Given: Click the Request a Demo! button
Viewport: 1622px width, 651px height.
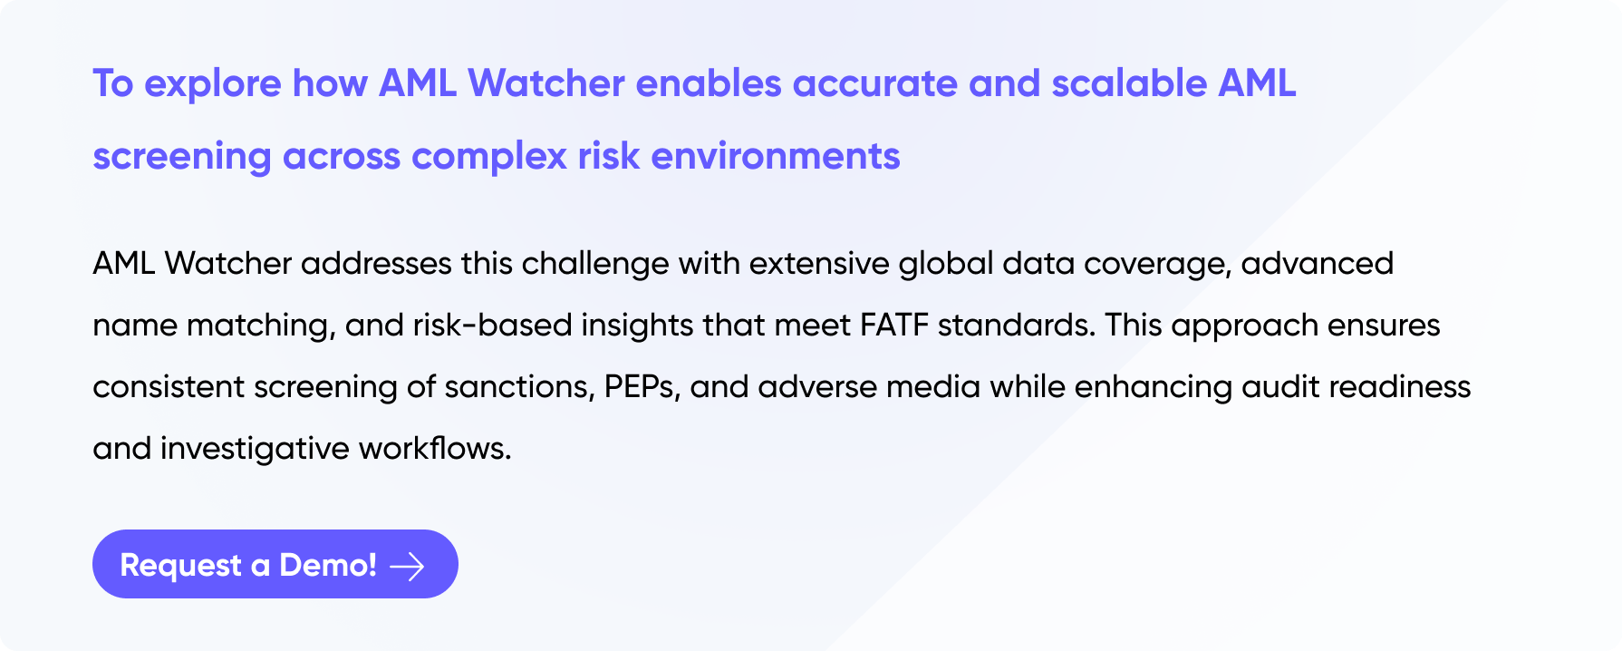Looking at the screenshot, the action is [275, 564].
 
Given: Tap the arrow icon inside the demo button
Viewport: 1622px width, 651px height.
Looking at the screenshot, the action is [407, 567].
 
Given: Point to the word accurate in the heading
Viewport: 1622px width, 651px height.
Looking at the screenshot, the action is [875, 84].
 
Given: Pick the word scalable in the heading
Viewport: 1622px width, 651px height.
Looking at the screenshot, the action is [1129, 83].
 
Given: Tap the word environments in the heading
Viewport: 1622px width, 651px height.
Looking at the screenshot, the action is [776, 156].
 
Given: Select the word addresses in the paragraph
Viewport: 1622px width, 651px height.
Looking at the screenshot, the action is [376, 264].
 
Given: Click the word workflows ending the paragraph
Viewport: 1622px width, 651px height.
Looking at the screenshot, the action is [435, 449].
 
